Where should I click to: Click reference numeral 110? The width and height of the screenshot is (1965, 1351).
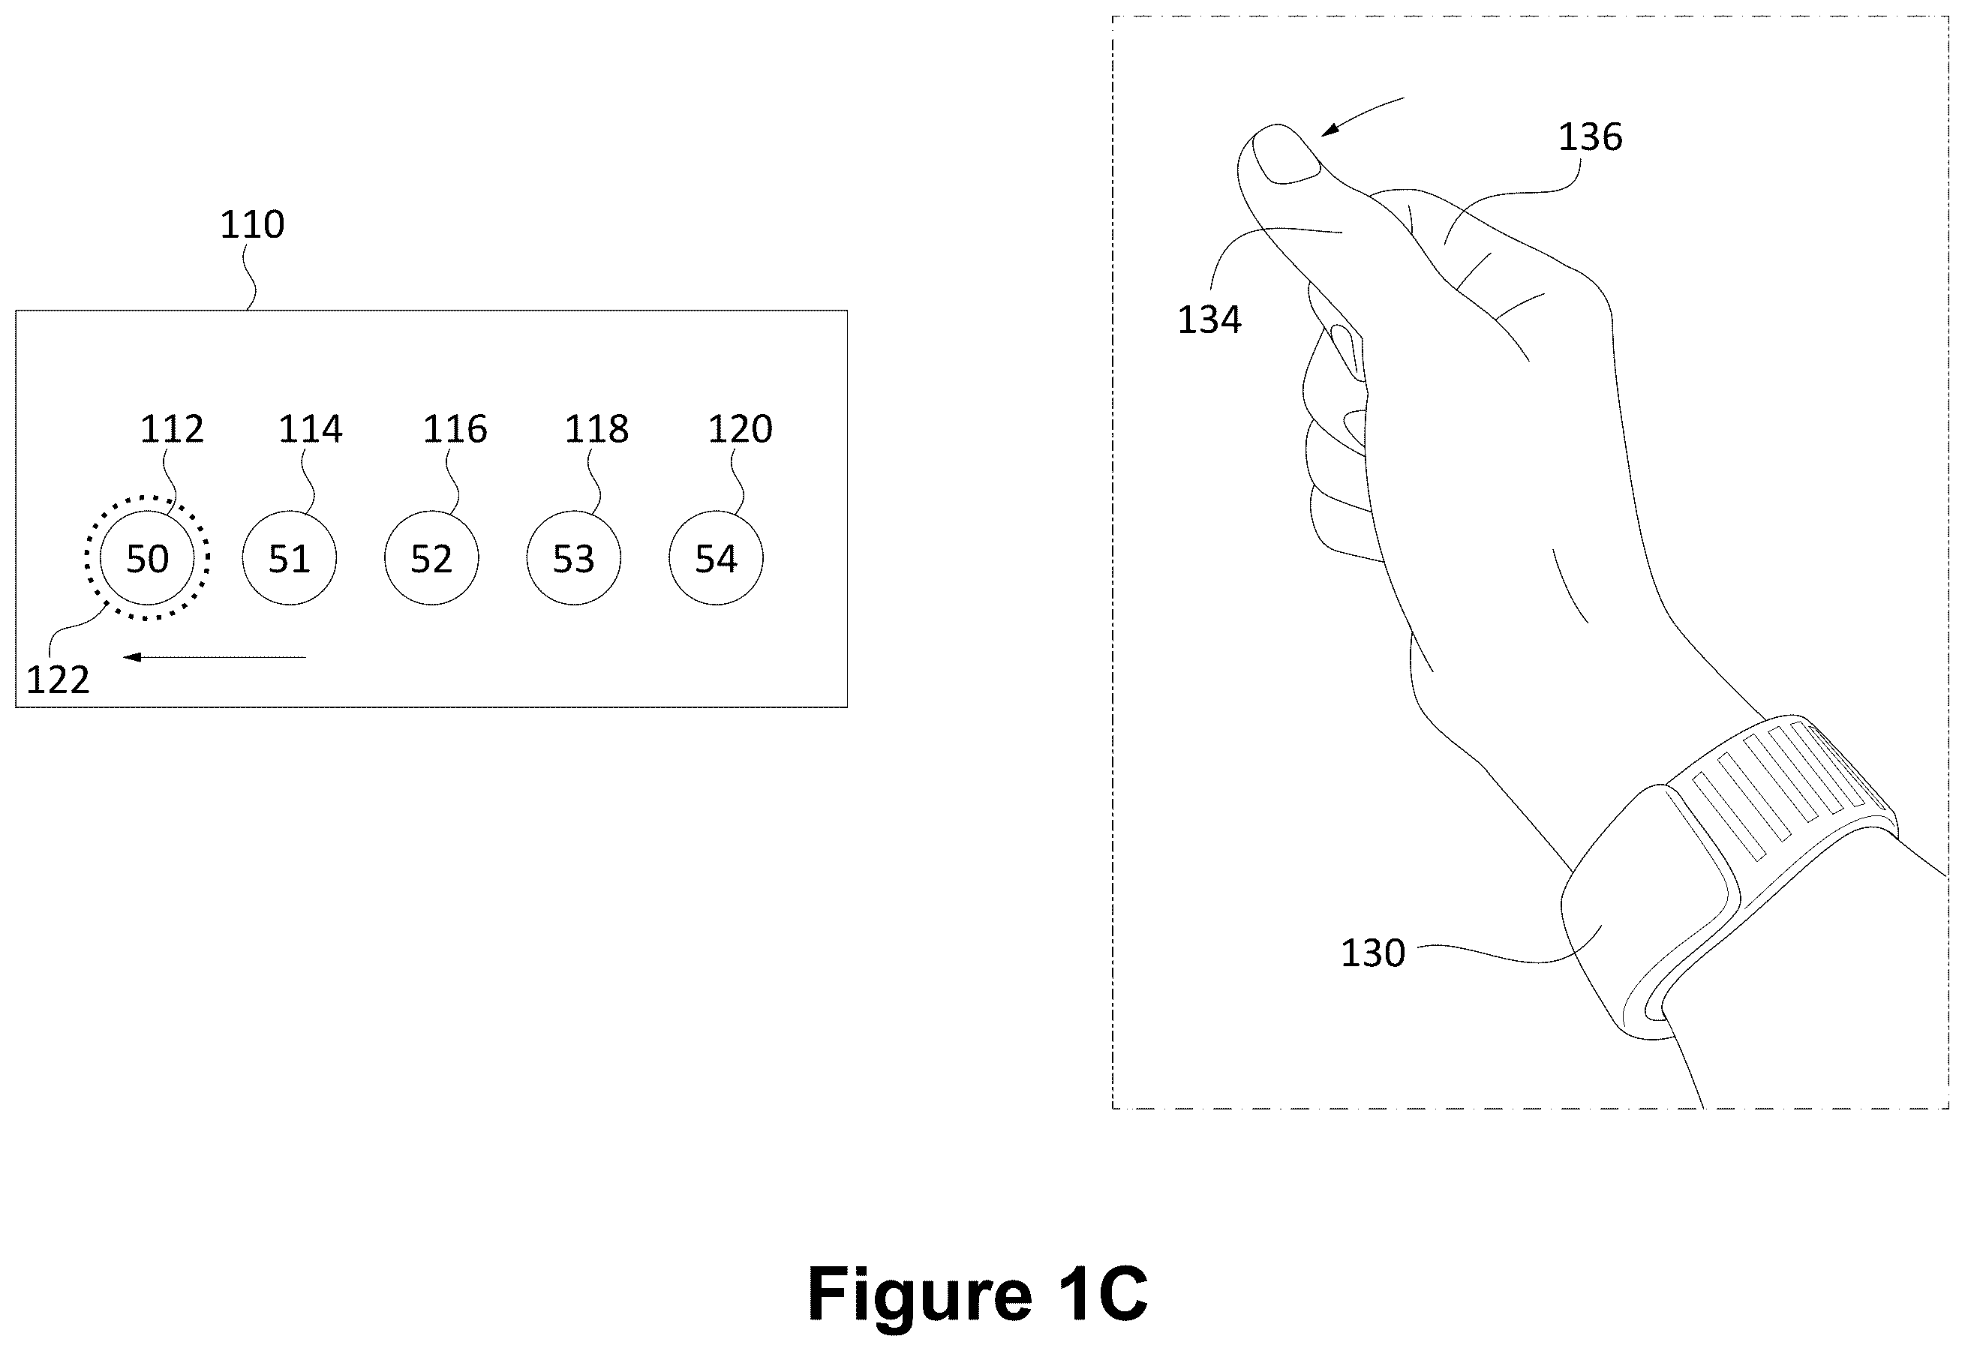tap(252, 224)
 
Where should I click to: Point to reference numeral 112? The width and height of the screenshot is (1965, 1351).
tap(172, 429)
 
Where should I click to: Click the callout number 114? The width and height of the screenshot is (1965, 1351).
tap(311, 429)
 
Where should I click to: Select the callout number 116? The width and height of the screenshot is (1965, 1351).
tap(455, 429)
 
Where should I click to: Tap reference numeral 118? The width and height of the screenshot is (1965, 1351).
tap(597, 429)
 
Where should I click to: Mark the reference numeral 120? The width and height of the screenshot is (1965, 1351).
tap(741, 429)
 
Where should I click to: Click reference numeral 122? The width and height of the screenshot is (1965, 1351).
tap(58, 680)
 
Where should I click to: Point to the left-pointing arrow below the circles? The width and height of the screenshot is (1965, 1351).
tap(214, 657)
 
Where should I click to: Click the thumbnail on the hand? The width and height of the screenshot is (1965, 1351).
tap(1286, 154)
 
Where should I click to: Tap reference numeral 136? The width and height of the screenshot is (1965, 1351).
tap(1591, 137)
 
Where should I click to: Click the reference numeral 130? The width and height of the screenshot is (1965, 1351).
tap(1372, 953)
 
